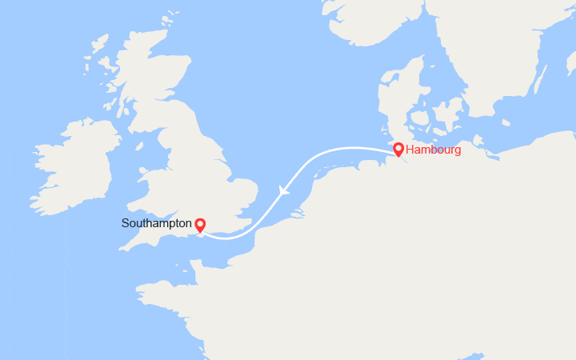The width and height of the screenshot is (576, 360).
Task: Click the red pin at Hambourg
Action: (398, 150)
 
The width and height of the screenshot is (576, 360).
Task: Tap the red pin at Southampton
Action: (200, 226)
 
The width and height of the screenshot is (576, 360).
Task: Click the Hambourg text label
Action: (433, 150)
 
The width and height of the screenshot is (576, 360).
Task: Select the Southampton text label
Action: (157, 223)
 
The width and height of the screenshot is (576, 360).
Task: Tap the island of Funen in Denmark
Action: (418, 125)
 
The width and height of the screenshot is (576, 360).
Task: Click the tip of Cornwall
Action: (122, 247)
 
